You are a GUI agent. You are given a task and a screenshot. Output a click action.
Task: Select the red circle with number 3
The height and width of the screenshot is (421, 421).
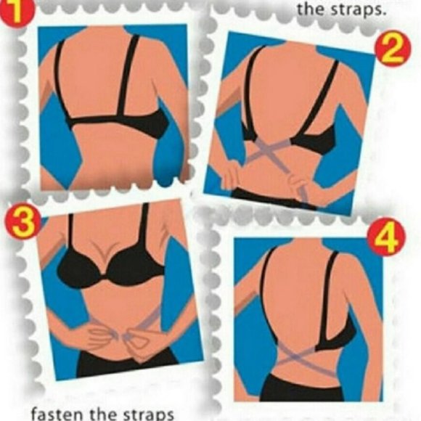(x=20, y=223)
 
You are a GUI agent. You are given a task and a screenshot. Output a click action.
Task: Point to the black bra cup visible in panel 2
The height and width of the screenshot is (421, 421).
(x=319, y=138)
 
